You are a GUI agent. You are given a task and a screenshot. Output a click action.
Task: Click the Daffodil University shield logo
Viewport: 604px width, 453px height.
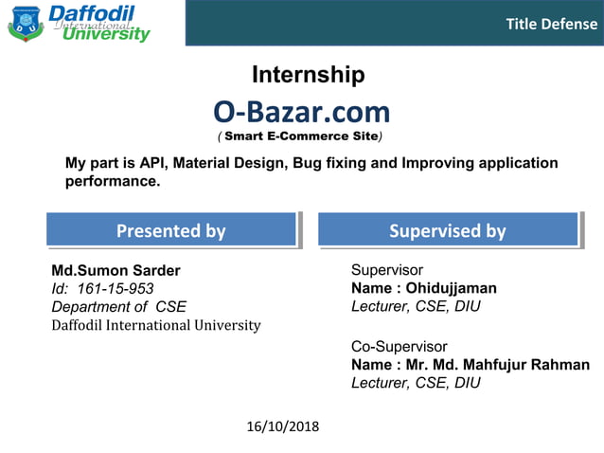click(x=26, y=23)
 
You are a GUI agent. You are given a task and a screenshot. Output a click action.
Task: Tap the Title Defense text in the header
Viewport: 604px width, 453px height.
click(x=551, y=24)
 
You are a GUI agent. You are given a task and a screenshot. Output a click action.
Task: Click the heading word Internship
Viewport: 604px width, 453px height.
click(x=308, y=75)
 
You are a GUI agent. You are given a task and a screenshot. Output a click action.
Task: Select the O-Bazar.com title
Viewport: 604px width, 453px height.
click(x=301, y=112)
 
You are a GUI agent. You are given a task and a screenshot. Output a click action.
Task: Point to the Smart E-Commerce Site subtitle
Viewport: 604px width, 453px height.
click(x=301, y=136)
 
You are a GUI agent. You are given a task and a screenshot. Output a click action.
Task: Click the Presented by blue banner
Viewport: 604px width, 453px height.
click(x=170, y=230)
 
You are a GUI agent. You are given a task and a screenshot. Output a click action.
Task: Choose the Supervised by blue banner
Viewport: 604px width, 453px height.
click(x=447, y=230)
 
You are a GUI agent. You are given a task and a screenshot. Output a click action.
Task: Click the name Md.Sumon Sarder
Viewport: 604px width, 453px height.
click(x=115, y=270)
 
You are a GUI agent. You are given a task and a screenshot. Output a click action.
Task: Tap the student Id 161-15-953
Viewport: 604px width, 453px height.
click(x=102, y=288)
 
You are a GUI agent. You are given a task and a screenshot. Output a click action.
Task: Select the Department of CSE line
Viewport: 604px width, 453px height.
click(x=118, y=306)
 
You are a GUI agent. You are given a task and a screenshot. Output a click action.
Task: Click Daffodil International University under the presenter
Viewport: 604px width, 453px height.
click(x=155, y=325)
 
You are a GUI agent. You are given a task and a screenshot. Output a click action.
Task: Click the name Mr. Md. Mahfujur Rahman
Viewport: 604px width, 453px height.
click(x=497, y=365)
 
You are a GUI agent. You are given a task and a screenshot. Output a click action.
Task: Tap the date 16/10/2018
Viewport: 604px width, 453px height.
click(x=282, y=426)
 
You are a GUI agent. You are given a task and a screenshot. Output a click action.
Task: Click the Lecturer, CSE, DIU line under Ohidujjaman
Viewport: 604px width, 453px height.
click(x=416, y=306)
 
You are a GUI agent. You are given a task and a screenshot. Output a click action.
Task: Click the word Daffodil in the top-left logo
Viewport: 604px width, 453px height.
click(x=91, y=12)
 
